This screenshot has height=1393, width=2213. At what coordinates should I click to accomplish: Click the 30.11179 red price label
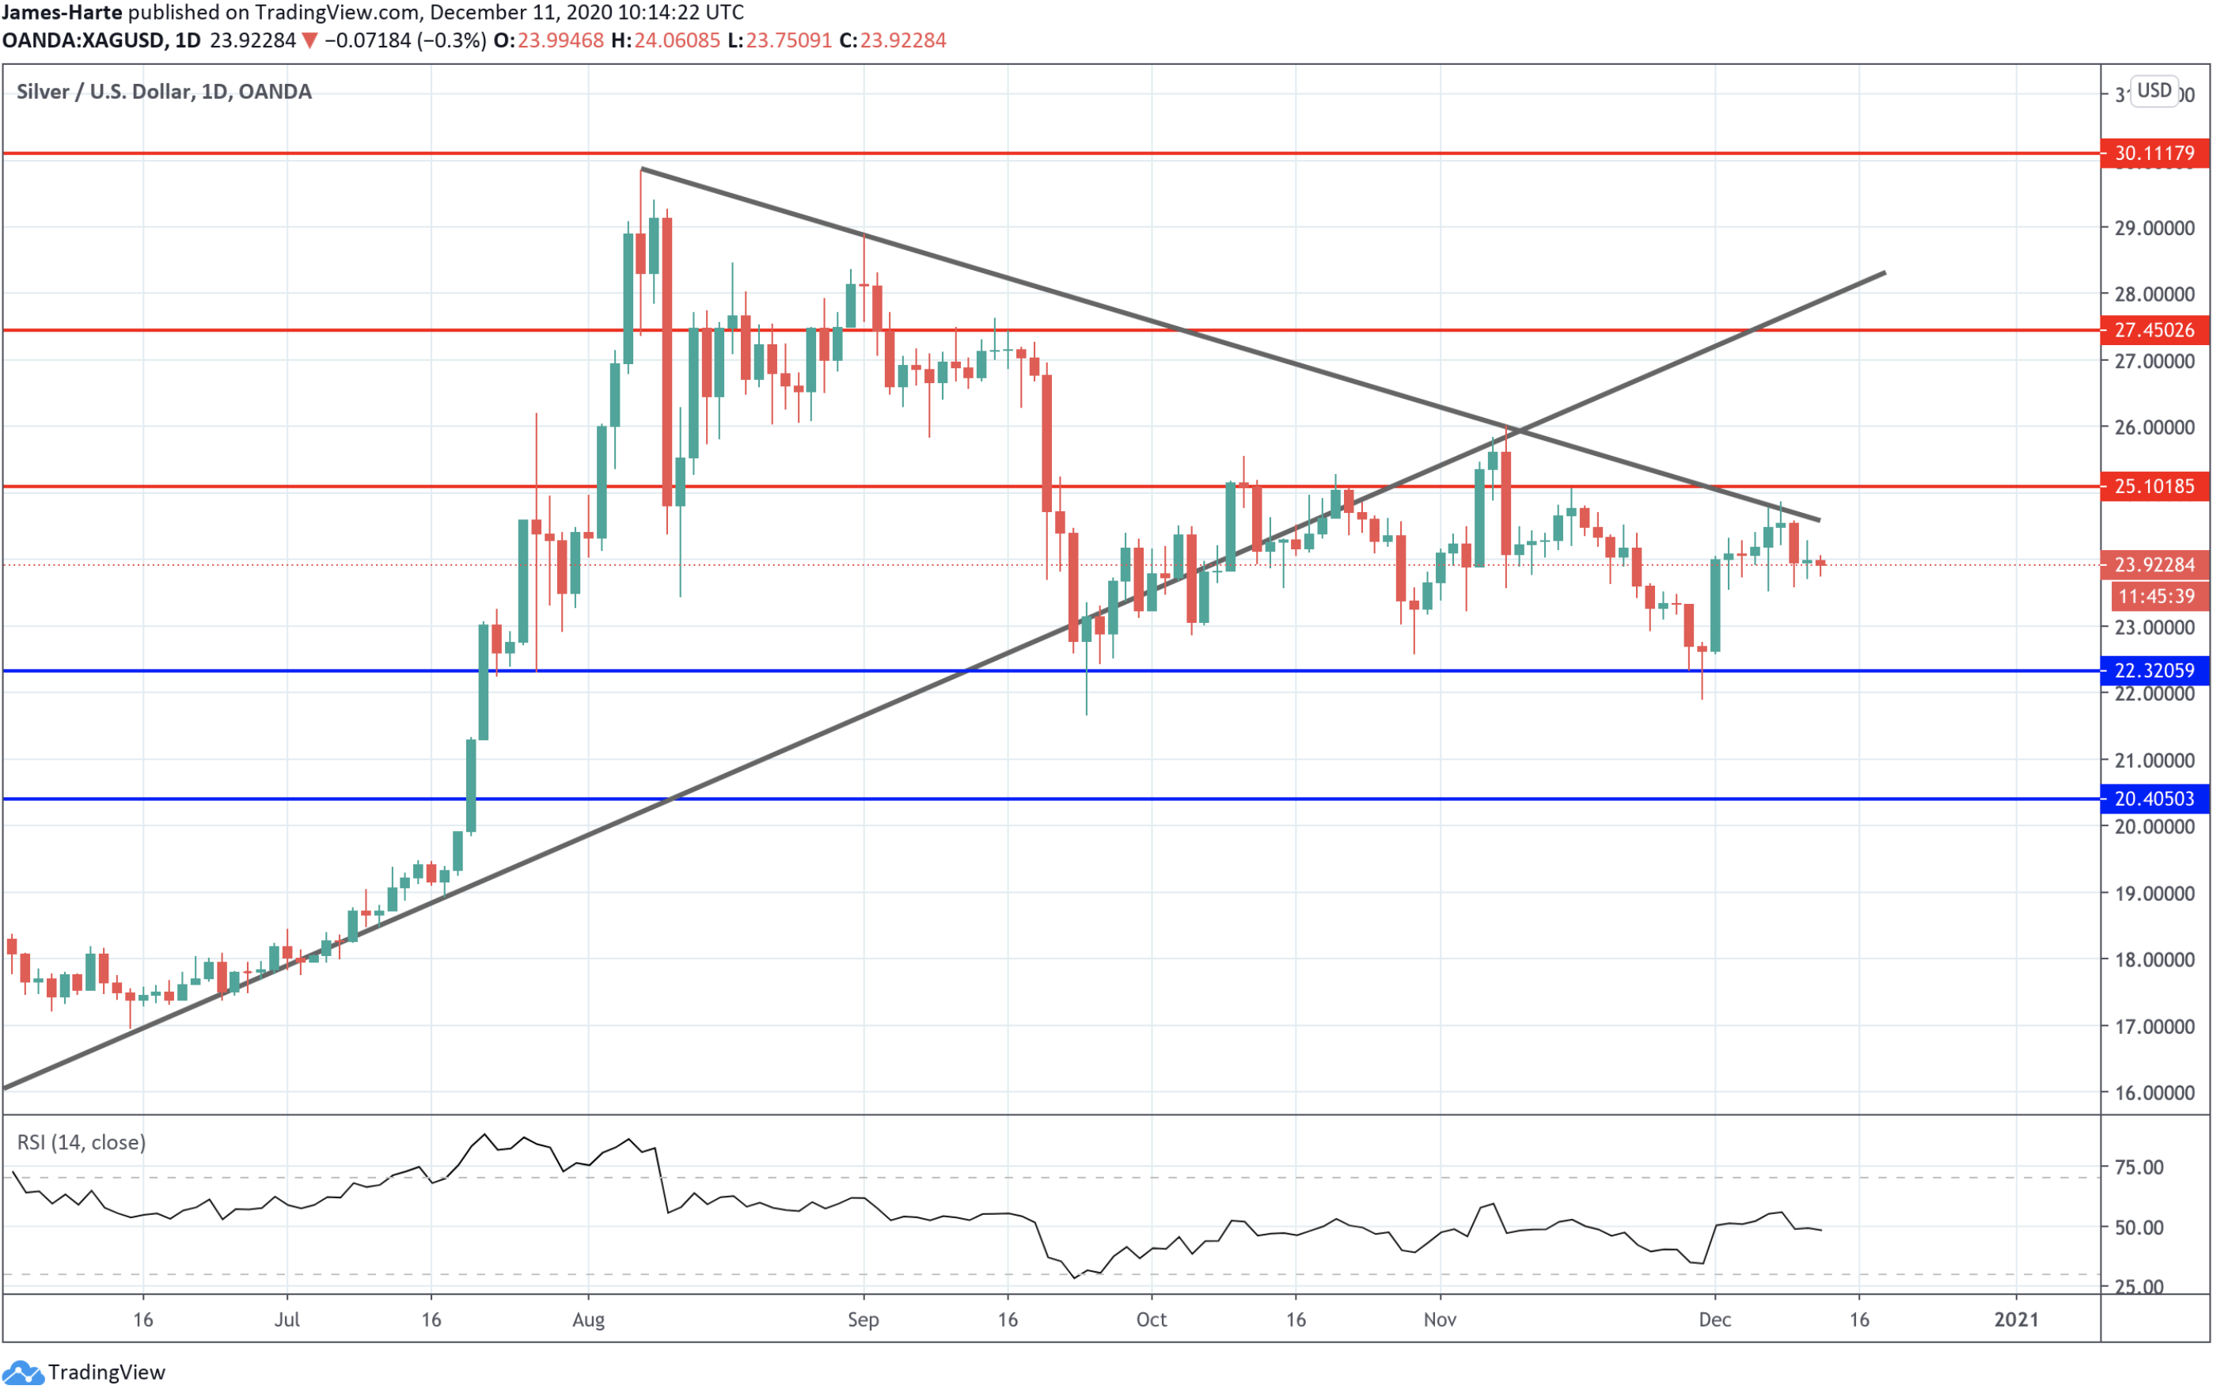tap(2154, 154)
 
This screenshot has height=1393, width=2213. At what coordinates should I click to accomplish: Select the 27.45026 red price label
tap(2154, 330)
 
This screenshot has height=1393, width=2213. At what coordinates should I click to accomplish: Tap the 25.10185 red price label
tap(2154, 486)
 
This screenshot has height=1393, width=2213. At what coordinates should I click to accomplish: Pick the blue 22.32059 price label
tap(2154, 670)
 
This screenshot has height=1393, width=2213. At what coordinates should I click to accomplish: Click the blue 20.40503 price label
tap(2154, 799)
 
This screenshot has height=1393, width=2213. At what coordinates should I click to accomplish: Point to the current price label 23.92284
tap(2154, 564)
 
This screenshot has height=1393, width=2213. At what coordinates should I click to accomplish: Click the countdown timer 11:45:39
tap(2156, 596)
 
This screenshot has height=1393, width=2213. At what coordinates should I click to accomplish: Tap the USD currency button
tap(2154, 91)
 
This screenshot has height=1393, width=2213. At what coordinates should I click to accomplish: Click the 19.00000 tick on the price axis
tap(2154, 893)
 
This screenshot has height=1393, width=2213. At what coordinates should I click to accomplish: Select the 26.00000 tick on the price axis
tap(2154, 427)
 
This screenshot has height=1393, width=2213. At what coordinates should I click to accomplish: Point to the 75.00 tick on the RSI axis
tap(2139, 1167)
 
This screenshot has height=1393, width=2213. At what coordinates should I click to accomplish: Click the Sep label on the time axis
tap(863, 1319)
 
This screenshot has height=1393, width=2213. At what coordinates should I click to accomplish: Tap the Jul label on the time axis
tap(287, 1319)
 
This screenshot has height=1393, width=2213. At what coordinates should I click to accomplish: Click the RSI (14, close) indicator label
tap(82, 1142)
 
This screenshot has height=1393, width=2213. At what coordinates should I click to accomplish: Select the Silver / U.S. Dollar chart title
tap(164, 92)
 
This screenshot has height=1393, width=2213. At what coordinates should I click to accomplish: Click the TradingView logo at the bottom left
tap(84, 1372)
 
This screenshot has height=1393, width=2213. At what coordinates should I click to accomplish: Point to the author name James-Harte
tap(63, 13)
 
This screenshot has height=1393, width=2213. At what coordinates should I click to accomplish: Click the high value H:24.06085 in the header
tap(666, 40)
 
